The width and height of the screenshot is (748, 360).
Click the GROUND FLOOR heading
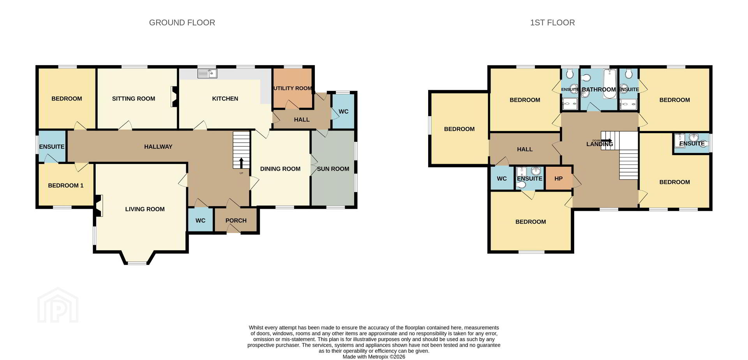182,23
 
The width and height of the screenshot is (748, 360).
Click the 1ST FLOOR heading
552,23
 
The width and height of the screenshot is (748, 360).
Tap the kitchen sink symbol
207,73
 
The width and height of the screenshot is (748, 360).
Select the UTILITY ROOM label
293,88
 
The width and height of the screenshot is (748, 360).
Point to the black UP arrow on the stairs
242,163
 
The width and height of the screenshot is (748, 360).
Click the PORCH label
236,221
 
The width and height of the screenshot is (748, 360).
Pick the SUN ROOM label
333,169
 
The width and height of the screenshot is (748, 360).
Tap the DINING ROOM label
280,169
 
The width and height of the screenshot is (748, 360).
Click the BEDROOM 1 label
66,185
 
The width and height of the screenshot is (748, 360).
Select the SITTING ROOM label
134,99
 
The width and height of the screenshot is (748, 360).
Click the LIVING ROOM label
145,209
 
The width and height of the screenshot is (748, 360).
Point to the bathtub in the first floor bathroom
610,83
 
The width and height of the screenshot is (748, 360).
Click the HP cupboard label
559,179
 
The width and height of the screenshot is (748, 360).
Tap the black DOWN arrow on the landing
607,141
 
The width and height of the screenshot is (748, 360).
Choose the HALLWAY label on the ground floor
158,147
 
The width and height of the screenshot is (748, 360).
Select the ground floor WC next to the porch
201,221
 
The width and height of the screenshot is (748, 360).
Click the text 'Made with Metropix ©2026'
374,357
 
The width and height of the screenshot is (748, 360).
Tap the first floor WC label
502,179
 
